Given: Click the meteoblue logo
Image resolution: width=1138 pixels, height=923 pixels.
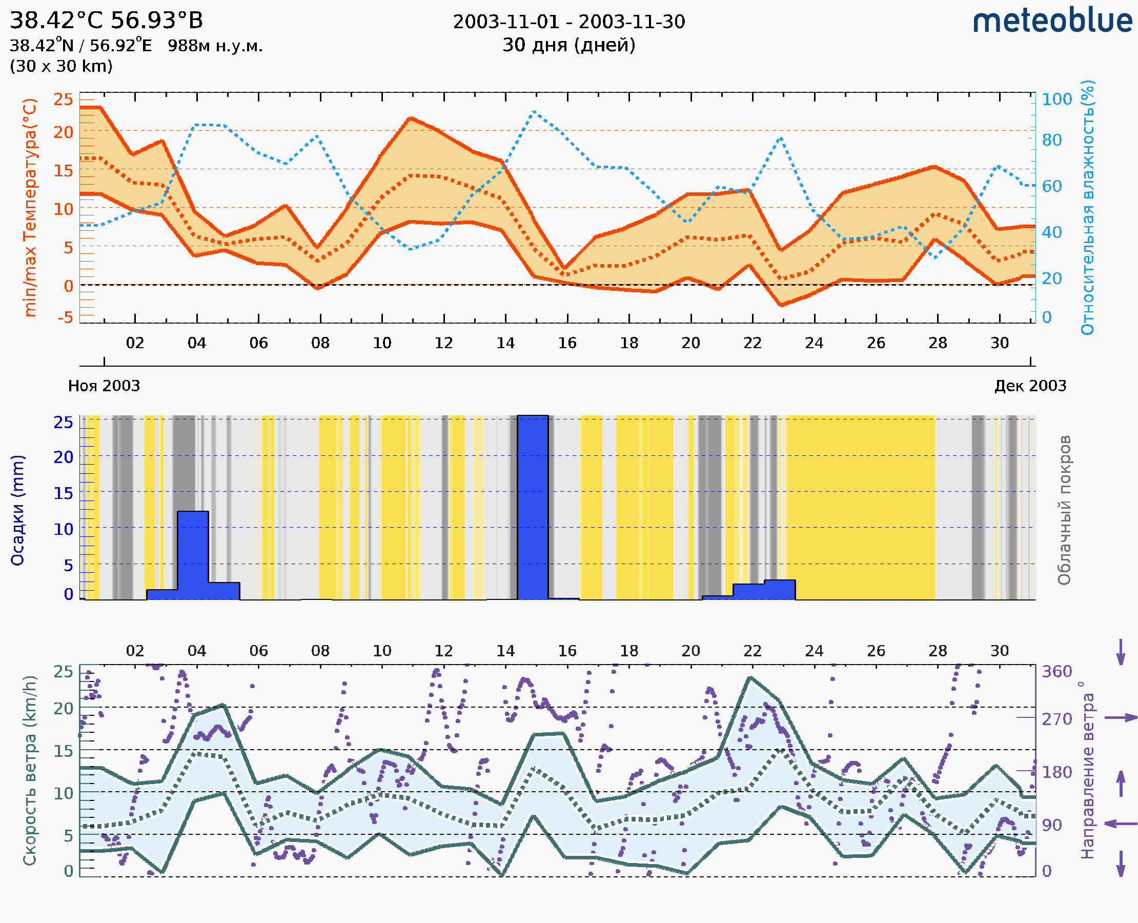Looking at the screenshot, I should click(x=1052, y=21).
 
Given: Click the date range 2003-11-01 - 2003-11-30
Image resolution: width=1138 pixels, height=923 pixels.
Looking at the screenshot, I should click(x=568, y=22).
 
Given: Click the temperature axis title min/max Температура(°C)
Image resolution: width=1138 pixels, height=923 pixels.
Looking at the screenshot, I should click(x=30, y=207).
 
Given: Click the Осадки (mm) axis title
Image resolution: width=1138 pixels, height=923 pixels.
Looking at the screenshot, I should click(x=17, y=510).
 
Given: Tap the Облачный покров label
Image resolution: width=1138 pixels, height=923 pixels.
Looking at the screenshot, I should click(x=1064, y=510).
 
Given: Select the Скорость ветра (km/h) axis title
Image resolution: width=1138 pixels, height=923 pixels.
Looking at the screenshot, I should click(x=30, y=770).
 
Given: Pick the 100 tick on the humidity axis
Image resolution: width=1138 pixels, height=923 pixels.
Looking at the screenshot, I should click(x=1056, y=99).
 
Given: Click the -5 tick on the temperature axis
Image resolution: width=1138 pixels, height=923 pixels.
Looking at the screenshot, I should click(x=66, y=318).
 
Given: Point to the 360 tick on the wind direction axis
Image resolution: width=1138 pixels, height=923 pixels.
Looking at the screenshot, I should click(x=1056, y=672).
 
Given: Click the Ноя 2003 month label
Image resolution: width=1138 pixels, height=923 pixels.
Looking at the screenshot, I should click(x=104, y=386).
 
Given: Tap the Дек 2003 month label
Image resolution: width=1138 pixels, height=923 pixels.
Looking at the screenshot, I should click(x=1030, y=386).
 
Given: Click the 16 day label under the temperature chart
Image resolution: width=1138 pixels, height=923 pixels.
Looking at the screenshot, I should click(x=567, y=343).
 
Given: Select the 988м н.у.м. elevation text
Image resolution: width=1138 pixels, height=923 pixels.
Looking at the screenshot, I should click(x=215, y=46).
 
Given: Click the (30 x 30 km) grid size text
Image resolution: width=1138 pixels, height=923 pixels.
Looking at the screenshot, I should click(x=61, y=66).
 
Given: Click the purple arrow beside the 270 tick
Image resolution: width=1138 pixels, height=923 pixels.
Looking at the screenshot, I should click(x=1121, y=718).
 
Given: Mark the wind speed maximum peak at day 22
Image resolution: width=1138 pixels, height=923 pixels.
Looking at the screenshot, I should click(x=750, y=678).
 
